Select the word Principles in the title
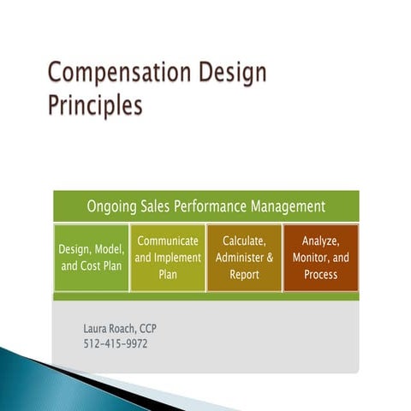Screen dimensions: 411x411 (x=94, y=106)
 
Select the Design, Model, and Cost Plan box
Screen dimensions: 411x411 (x=91, y=258)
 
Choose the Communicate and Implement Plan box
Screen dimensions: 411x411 (x=168, y=258)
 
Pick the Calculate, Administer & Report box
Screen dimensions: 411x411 (x=244, y=258)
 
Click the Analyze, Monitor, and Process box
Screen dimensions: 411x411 (x=320, y=258)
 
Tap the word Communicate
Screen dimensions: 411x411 (x=168, y=241)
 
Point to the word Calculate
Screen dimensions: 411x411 (x=244, y=241)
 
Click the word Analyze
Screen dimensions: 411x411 (x=321, y=241)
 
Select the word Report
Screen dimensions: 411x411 (x=244, y=275)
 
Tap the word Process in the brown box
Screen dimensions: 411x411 (x=321, y=275)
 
